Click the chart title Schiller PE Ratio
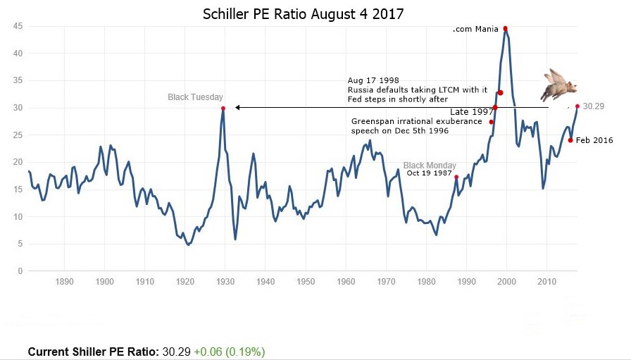click(x=304, y=14)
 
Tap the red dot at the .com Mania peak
click(x=506, y=28)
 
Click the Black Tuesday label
click(x=195, y=97)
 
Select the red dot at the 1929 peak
click(x=223, y=108)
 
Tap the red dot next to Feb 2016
click(x=570, y=139)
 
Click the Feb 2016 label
click(x=594, y=140)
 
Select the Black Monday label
click(x=430, y=166)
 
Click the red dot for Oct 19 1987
click(x=456, y=177)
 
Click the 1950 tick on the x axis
click(x=306, y=281)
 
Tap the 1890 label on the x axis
click(x=64, y=281)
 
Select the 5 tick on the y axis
click(x=21, y=244)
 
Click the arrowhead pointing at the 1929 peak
click(x=237, y=108)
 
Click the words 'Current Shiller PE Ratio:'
click(x=94, y=351)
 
